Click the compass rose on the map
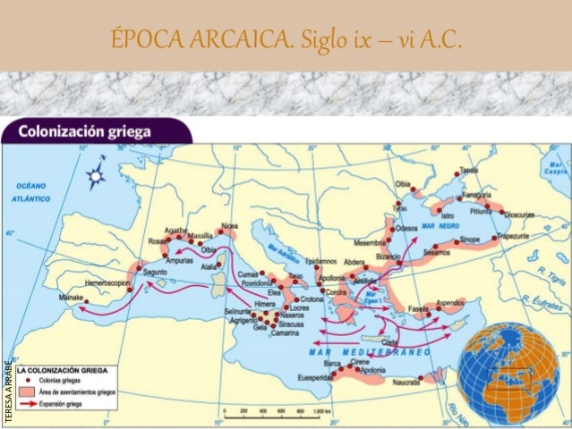(x=95, y=176)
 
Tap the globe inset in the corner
(x=508, y=372)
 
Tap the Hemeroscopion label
(x=108, y=282)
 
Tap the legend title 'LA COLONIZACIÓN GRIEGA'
(x=64, y=368)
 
